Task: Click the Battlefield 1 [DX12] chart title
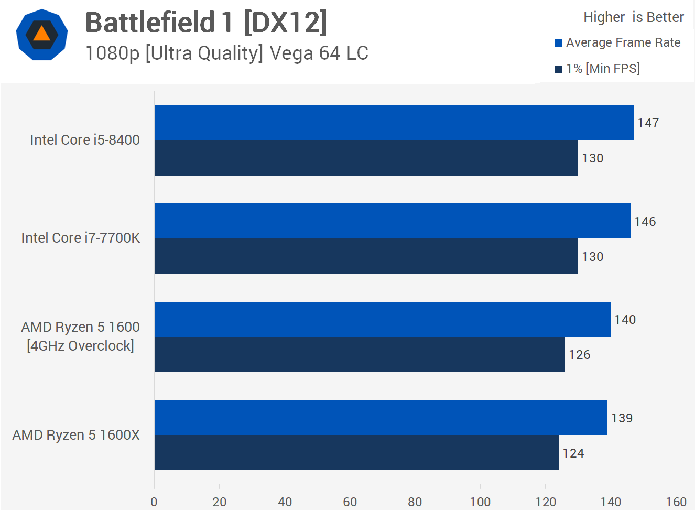(206, 23)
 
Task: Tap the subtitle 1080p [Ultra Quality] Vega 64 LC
(226, 53)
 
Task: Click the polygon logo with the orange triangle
(42, 35)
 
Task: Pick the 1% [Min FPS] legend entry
(598, 69)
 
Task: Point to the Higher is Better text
(633, 17)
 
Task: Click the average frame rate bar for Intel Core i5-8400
(394, 123)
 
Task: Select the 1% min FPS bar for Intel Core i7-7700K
(366, 256)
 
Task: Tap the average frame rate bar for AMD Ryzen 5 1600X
(381, 418)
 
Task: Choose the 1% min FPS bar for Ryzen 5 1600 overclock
(360, 355)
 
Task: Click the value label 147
(648, 123)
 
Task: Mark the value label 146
(645, 222)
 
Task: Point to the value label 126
(579, 355)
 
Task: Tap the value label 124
(573, 453)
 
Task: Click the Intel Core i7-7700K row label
(80, 238)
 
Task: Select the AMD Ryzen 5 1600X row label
(76, 435)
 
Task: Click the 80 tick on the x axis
(415, 502)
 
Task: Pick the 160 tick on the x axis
(676, 502)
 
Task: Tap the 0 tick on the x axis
(154, 502)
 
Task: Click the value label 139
(622, 418)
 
